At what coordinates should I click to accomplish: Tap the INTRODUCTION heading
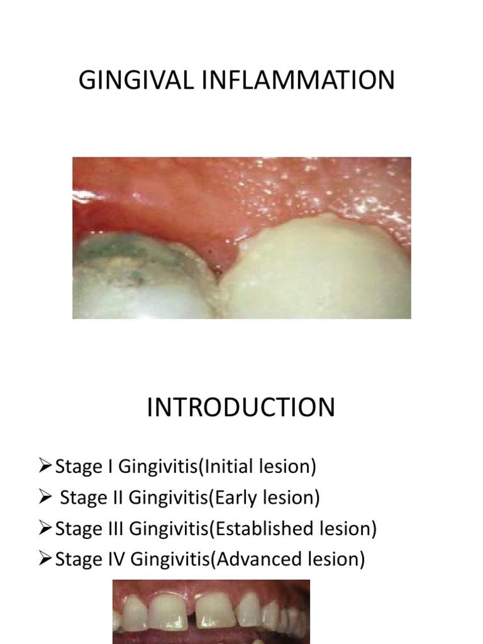(241, 408)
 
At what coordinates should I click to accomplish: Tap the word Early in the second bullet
(238, 497)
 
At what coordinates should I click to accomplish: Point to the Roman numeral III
(114, 528)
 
